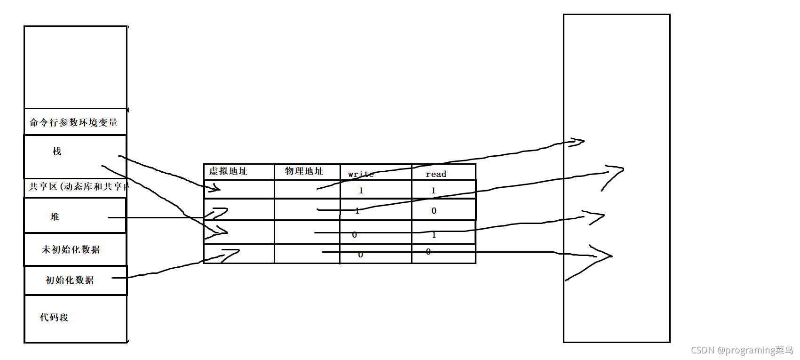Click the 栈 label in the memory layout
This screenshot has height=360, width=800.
click(57, 152)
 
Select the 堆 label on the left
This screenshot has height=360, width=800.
click(55, 217)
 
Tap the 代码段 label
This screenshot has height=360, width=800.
click(54, 318)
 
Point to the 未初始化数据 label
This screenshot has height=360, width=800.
click(71, 250)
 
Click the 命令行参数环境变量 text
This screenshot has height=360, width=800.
click(74, 123)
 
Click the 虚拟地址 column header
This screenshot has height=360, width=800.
click(229, 171)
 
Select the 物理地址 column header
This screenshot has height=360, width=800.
click(304, 171)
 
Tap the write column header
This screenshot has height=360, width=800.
click(361, 174)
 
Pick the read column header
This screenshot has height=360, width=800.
click(436, 174)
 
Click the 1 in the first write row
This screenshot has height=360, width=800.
click(361, 191)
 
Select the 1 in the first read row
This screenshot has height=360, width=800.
click(433, 191)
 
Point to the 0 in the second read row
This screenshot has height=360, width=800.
click(434, 211)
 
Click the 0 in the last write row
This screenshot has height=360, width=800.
click(360, 255)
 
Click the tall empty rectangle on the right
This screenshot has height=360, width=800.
click(616, 71)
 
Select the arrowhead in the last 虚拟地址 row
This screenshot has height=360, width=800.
click(230, 255)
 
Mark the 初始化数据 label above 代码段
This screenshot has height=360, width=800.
click(70, 280)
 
